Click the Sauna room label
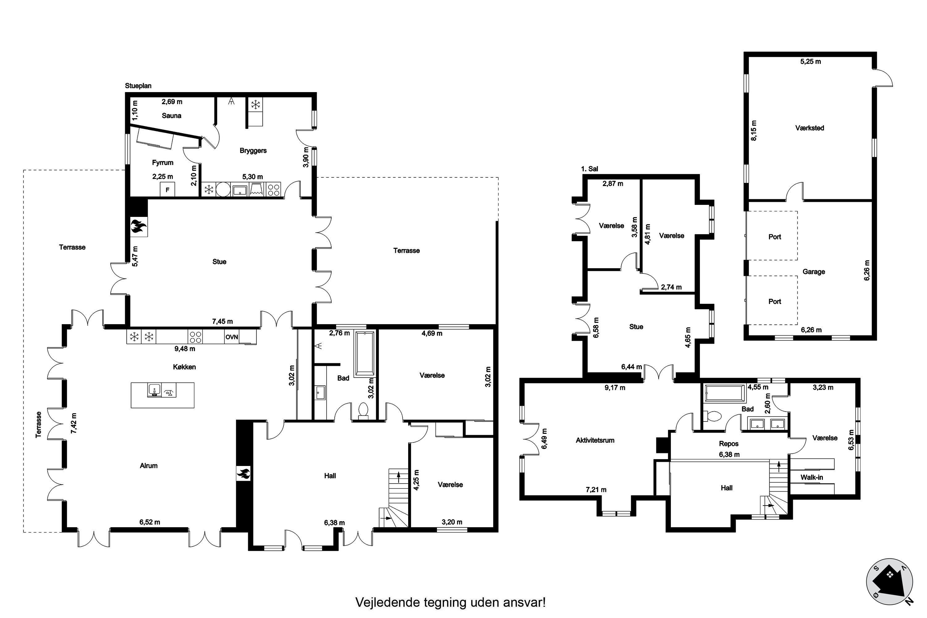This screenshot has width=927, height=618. (171, 116)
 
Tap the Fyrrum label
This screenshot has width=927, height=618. (163, 163)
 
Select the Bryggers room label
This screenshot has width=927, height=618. (253, 150)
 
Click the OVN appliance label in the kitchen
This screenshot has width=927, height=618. (232, 337)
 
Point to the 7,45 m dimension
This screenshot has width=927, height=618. (222, 322)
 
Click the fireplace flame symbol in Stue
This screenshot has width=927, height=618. (139, 226)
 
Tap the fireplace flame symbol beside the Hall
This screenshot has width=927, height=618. (243, 473)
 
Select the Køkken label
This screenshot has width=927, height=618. (184, 367)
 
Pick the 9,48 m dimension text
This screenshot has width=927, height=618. (185, 349)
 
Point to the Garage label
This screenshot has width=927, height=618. (814, 272)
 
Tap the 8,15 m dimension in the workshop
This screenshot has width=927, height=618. (754, 130)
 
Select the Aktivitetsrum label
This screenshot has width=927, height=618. (595, 440)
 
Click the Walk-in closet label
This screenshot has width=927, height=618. (811, 477)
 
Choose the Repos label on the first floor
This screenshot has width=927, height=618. (729, 444)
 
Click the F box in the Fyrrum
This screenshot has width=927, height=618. (167, 190)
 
